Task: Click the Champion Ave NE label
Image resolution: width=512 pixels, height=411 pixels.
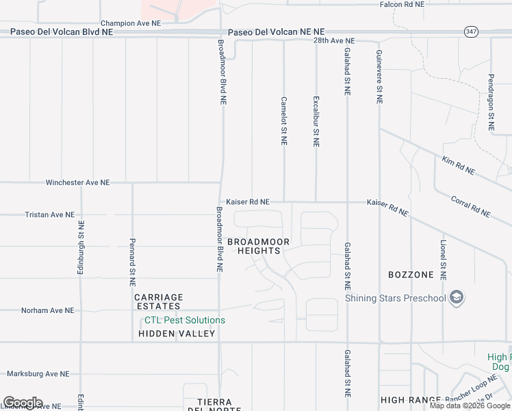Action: tap(130, 23)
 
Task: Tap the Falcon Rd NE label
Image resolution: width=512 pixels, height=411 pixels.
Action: tap(402, 4)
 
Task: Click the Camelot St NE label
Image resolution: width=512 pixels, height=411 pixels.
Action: tap(283, 121)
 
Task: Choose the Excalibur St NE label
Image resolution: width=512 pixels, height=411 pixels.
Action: tap(316, 121)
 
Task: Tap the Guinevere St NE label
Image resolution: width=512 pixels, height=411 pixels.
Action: tap(379, 77)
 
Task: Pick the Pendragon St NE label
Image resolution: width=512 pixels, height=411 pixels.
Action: tap(491, 103)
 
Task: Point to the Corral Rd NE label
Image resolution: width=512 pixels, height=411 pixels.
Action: tap(471, 206)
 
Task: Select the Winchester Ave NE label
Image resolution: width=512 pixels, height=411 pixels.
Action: tap(77, 183)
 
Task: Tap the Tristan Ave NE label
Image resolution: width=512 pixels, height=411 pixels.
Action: tap(50, 214)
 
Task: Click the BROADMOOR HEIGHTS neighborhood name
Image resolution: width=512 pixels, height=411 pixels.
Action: tap(259, 247)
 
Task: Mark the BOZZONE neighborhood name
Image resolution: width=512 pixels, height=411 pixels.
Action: tap(411, 275)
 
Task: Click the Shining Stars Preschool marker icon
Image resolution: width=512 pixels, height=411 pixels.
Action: tap(457, 298)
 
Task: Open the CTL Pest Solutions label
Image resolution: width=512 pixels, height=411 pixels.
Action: tap(184, 320)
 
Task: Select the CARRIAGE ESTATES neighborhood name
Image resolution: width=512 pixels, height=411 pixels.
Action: tap(158, 301)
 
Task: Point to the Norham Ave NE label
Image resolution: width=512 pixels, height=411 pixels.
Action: tap(47, 310)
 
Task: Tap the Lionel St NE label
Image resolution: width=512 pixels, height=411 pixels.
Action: tap(443, 261)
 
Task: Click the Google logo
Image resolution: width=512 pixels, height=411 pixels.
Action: tap(23, 403)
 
